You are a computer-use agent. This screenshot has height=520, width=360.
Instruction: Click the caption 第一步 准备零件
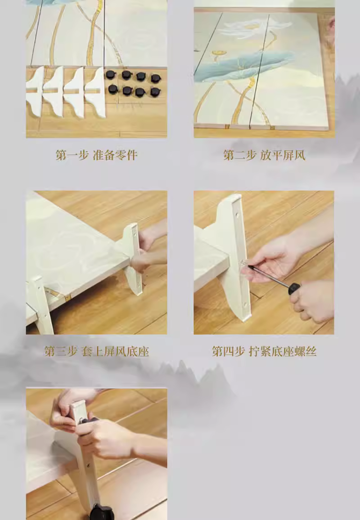click(x=97, y=155)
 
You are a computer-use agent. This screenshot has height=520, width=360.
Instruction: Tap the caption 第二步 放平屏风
click(x=264, y=155)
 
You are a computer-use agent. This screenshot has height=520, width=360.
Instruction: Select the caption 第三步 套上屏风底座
click(x=97, y=351)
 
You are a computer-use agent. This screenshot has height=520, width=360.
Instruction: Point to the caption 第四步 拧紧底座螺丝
click(x=264, y=351)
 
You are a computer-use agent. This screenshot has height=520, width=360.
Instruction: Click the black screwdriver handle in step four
click(x=294, y=288)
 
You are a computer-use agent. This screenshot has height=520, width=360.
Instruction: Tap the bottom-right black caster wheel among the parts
click(x=155, y=92)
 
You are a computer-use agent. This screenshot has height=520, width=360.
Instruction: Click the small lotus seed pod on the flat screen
click(x=219, y=53)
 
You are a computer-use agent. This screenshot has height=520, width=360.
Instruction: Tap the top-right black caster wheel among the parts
click(x=156, y=79)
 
